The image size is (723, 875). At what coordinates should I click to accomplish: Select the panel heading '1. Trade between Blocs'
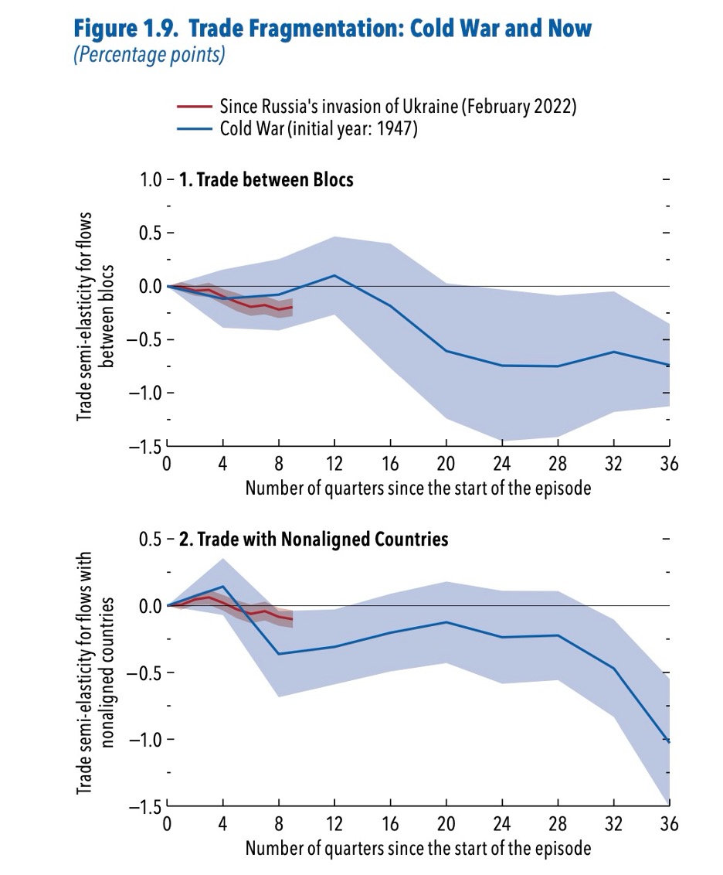pos(266,180)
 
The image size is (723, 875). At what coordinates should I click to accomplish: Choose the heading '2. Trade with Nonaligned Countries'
pos(313,539)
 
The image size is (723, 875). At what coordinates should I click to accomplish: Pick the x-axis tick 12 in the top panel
pos(334,465)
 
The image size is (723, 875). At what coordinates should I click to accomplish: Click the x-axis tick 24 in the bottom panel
pos(501,824)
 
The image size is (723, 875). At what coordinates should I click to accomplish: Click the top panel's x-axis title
pos(418,489)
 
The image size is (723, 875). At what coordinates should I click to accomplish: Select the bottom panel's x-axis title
pos(418,848)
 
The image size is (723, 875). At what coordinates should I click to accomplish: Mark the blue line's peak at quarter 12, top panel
pos(334,275)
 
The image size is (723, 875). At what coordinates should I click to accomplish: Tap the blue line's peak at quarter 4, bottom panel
pos(223,586)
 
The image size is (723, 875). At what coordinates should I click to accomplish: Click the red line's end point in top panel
pos(292,308)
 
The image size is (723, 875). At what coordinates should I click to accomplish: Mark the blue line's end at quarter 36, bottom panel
pos(668,742)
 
